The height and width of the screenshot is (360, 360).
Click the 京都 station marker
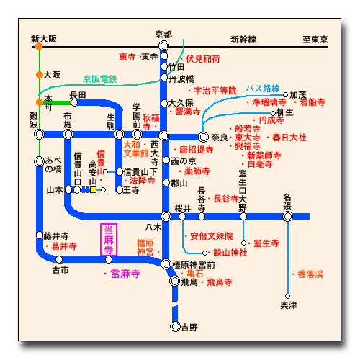point(164,45)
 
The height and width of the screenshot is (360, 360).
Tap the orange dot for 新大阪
point(39,46)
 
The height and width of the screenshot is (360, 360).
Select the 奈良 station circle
point(203,138)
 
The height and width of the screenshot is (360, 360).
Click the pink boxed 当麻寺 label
point(109,240)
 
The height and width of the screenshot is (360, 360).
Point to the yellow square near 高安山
point(93,190)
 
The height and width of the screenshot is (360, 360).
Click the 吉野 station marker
point(175,327)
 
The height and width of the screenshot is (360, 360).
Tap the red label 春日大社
point(289,138)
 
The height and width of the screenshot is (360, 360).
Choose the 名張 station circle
point(288,217)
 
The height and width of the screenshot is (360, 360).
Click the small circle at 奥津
point(288,296)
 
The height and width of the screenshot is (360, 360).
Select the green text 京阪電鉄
point(100,79)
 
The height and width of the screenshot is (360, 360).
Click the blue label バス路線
point(263,89)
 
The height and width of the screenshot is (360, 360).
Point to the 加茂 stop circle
point(285,95)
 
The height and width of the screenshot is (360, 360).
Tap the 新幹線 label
point(243,40)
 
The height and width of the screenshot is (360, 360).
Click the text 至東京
point(315,40)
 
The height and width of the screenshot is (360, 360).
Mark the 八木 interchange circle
point(166,216)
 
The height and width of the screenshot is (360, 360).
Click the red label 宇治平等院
point(215,91)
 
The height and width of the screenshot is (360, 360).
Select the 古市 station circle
point(59,259)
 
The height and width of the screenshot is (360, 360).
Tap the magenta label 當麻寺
point(125,274)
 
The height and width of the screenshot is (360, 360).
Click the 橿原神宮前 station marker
point(166,264)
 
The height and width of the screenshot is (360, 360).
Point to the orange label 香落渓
point(310,274)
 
